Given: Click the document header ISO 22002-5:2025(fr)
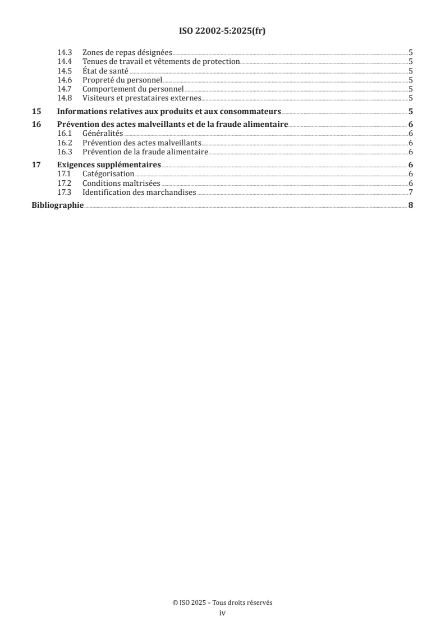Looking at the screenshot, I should click(x=222, y=31).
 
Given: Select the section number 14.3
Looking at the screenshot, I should click(x=66, y=52).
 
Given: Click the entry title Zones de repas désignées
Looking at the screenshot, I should click(x=127, y=52).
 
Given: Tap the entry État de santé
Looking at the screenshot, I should click(x=105, y=71).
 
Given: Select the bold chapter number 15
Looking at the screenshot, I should click(x=36, y=111).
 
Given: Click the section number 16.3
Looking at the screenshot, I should click(x=66, y=152).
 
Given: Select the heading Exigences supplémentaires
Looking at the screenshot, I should click(x=109, y=165).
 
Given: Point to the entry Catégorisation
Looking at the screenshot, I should click(x=108, y=174).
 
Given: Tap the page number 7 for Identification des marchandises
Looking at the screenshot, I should click(x=411, y=193).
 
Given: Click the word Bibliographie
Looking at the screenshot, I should click(x=57, y=206).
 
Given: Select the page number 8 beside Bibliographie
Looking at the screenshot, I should click(x=411, y=206).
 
